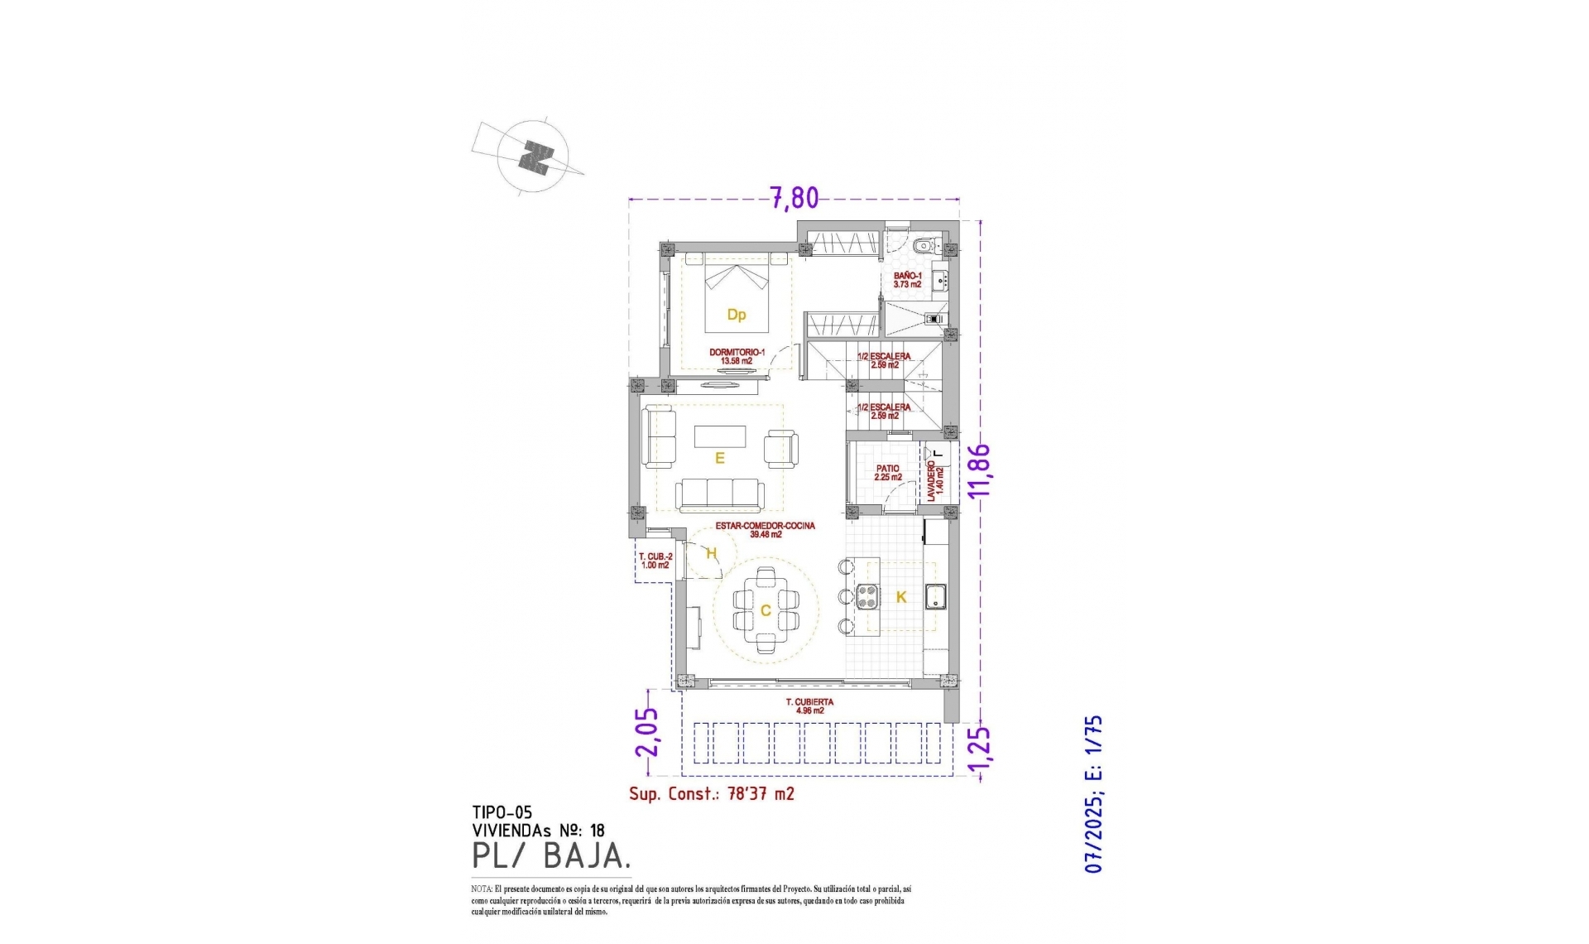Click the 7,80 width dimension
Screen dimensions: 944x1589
pyautogui.click(x=794, y=199)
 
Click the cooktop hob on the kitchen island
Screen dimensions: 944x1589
pyautogui.click(x=868, y=596)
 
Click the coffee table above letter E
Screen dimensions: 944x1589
pyautogui.click(x=719, y=436)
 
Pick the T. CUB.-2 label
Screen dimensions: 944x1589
pyautogui.click(x=654, y=561)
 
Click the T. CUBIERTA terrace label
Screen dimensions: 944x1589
pyautogui.click(x=809, y=706)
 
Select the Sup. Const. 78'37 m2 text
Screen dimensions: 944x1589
pyautogui.click(x=711, y=794)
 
